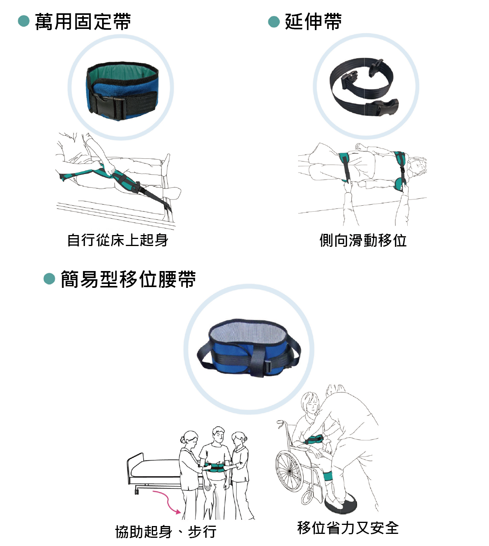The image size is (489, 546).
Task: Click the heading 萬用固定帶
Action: (x=83, y=22)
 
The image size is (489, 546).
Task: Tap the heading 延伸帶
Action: (x=313, y=22)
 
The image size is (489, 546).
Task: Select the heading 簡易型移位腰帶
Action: (x=128, y=279)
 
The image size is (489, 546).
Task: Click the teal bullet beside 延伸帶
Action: (x=274, y=22)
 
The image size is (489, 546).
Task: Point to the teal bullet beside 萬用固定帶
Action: (x=24, y=21)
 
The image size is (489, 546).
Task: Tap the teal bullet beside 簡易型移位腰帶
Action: (x=49, y=279)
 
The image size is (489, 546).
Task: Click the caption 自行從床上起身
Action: (x=117, y=240)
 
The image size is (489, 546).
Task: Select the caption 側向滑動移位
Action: (x=363, y=240)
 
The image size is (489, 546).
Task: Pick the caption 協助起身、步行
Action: (x=166, y=532)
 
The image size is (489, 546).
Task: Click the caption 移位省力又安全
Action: (x=348, y=528)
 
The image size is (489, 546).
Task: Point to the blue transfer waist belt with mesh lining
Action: (x=249, y=348)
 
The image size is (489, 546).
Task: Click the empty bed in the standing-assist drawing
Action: (x=156, y=469)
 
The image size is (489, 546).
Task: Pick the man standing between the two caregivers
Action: (x=215, y=469)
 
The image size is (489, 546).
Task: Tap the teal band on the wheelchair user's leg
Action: (x=328, y=476)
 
